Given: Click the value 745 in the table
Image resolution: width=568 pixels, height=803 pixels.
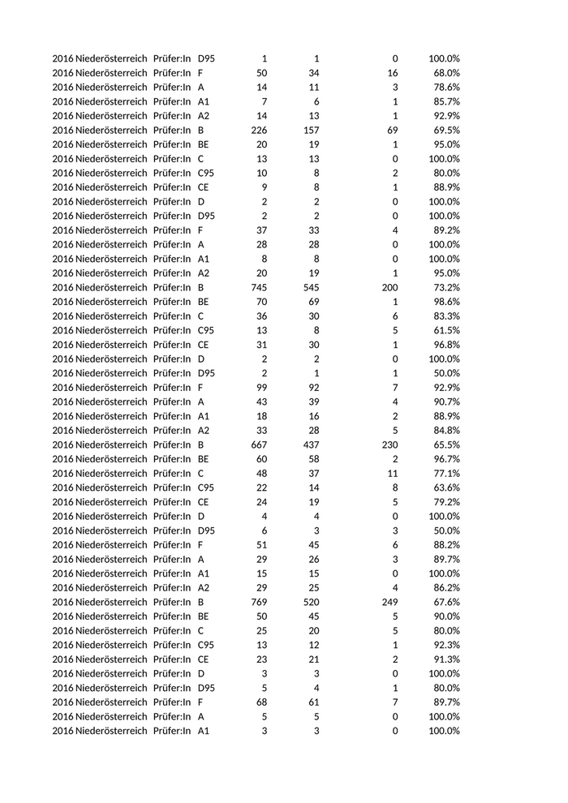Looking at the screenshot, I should point(256,287).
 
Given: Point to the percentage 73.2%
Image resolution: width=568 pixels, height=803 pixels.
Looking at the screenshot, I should point(445,287).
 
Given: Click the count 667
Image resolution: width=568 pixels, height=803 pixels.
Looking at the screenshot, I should point(256,444).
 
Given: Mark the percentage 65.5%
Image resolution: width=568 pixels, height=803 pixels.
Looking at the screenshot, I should point(445,444).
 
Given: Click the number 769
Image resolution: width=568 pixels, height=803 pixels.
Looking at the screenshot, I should point(256,602).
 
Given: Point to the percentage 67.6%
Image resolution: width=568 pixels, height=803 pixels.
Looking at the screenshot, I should point(445,602).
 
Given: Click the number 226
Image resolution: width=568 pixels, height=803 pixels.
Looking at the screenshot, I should point(256,130).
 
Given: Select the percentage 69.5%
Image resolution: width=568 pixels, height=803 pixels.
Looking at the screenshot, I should point(445,130).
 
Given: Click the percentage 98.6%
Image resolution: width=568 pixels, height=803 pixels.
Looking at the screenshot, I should point(445,302).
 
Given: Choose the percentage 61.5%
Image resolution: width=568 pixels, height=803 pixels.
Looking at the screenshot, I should point(445,330).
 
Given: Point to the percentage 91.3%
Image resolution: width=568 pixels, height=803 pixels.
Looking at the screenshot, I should point(445,659).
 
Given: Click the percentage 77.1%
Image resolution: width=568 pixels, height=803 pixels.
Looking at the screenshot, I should point(445,474).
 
